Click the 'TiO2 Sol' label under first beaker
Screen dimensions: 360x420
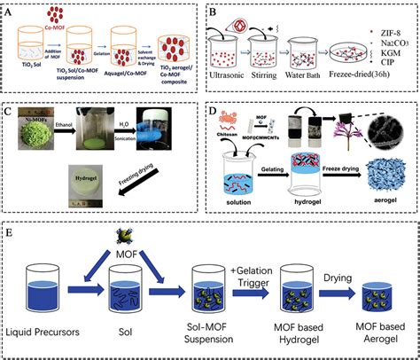(38, 76)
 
